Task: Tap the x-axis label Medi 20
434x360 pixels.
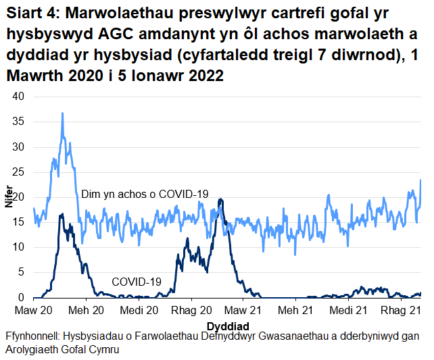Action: pyautogui.click(x=139, y=310)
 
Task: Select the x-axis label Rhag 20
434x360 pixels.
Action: pyautogui.click(x=191, y=310)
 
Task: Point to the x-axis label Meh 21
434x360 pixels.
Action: pyautogui.click(x=297, y=310)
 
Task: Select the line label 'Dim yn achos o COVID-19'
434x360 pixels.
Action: pyautogui.click(x=145, y=194)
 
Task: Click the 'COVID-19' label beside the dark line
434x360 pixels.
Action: pyautogui.click(x=136, y=281)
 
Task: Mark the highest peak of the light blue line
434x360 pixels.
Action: pyautogui.click(x=62, y=113)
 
